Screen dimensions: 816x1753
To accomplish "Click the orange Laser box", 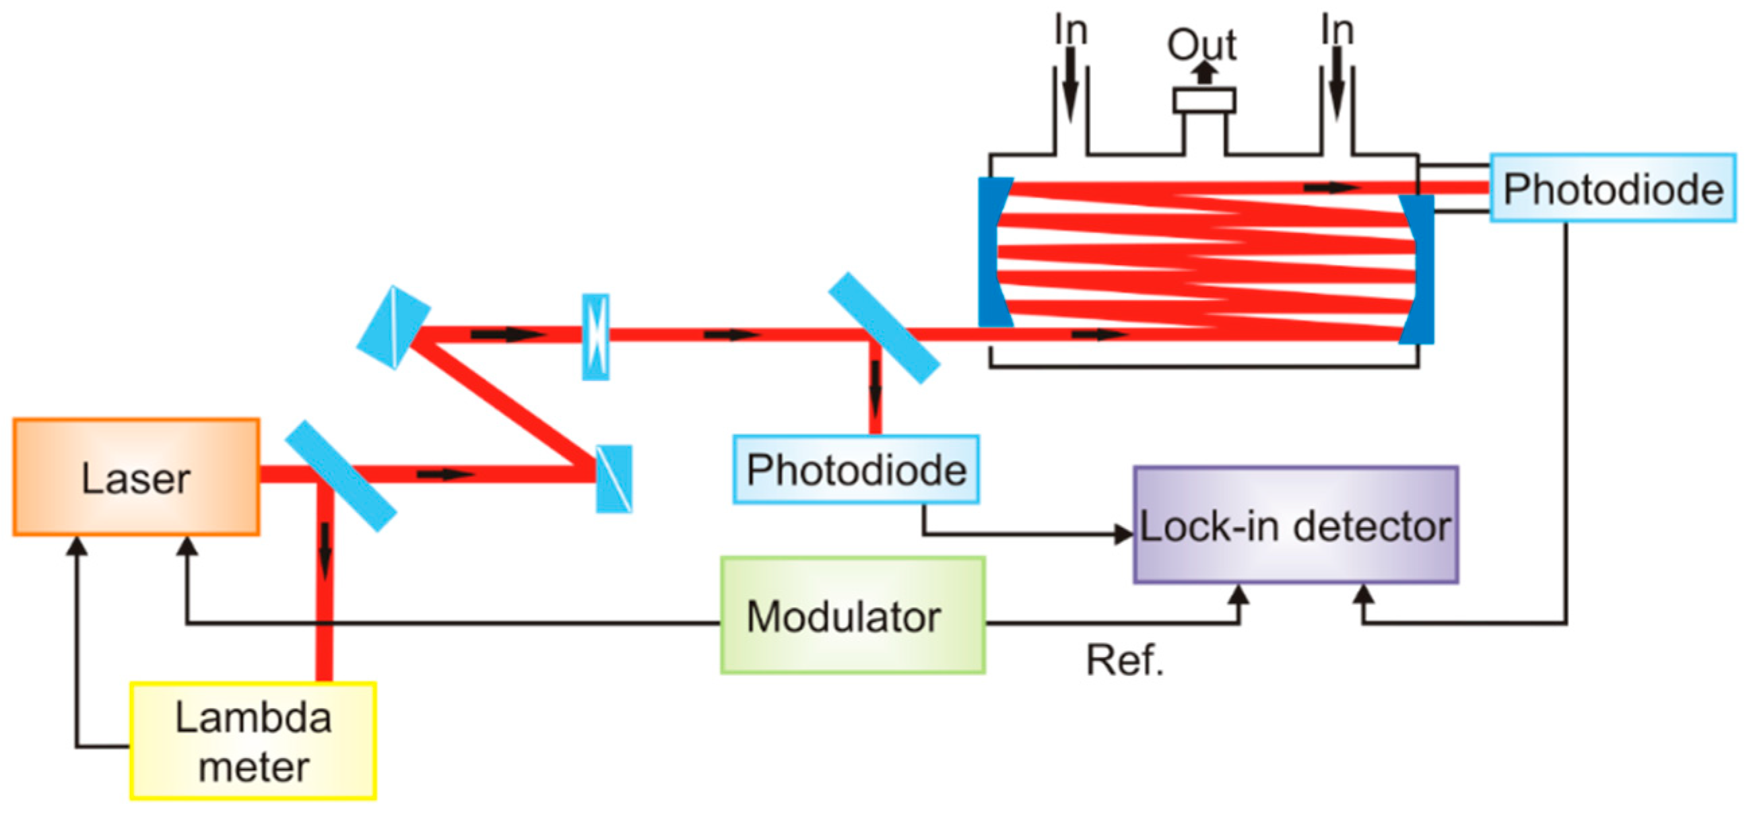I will point(136,477).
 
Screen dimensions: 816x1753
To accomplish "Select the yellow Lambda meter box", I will point(253,741).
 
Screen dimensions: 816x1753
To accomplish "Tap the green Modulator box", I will point(853,615).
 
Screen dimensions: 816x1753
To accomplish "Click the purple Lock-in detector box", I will point(1296,524).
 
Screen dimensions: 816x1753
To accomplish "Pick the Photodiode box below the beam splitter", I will point(856,469).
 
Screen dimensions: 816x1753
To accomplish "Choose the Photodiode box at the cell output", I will point(1613,188).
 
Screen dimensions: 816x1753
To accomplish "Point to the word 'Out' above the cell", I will point(1202,45).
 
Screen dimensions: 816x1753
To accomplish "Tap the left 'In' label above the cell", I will point(1070,30).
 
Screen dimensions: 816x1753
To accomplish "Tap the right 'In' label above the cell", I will point(1337,30).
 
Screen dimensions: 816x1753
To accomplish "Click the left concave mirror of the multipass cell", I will point(992,252).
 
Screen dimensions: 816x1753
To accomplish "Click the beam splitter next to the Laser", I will point(340,476).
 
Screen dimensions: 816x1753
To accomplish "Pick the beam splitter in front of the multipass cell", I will point(884,328).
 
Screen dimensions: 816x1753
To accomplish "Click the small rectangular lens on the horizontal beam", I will point(595,337).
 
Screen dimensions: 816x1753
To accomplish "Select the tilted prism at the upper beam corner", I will point(393,327).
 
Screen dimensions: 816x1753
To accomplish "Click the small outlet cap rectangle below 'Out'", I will point(1204,101).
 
